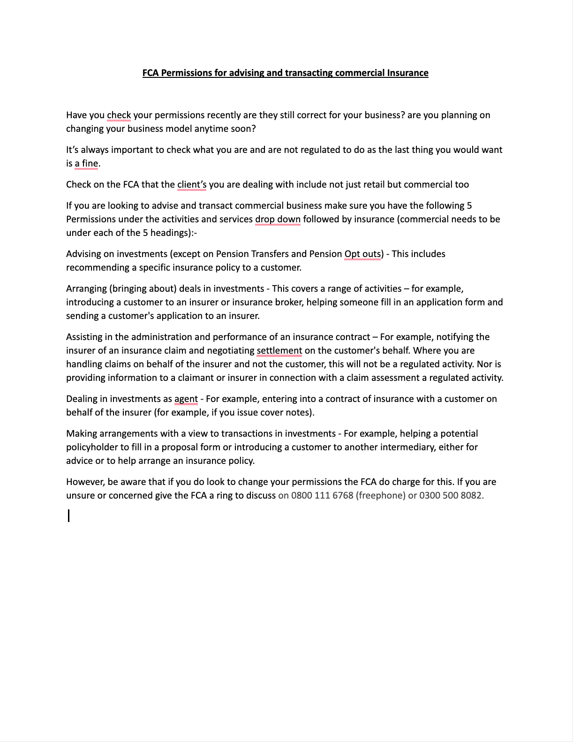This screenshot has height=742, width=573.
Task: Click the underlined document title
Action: point(285,73)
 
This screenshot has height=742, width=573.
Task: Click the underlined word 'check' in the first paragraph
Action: point(119,115)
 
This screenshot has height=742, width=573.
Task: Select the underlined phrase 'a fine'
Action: point(86,163)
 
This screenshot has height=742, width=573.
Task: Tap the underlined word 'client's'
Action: point(192,184)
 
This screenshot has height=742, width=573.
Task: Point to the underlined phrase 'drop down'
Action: point(278,219)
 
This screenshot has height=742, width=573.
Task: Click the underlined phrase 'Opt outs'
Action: point(362,254)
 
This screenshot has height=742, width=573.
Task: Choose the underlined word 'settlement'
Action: point(279,350)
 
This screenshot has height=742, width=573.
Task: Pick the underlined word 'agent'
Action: point(186,399)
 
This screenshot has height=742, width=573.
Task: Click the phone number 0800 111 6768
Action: point(322,495)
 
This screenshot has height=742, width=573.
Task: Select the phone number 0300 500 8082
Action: point(450,495)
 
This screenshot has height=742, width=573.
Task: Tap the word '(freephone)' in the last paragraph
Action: point(381,495)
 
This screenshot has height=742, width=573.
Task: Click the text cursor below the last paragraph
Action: point(69,516)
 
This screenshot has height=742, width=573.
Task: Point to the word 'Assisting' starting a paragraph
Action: point(85,337)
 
